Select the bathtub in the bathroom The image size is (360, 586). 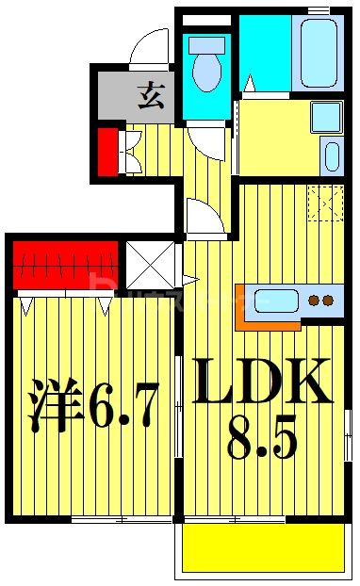click(x=319, y=51)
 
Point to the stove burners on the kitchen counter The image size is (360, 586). click(x=321, y=301)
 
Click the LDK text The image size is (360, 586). click(x=262, y=382)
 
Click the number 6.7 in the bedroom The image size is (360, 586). click(x=123, y=406)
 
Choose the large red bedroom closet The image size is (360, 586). click(x=65, y=265)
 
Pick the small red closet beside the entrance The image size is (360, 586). click(x=107, y=152)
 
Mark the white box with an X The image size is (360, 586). click(x=151, y=266)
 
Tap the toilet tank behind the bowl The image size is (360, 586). click(x=206, y=44)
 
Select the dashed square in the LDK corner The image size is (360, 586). click(x=326, y=203)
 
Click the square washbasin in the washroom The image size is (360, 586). click(x=325, y=117)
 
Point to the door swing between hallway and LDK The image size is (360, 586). click(x=205, y=219)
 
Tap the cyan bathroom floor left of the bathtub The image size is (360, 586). click(x=263, y=52)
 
